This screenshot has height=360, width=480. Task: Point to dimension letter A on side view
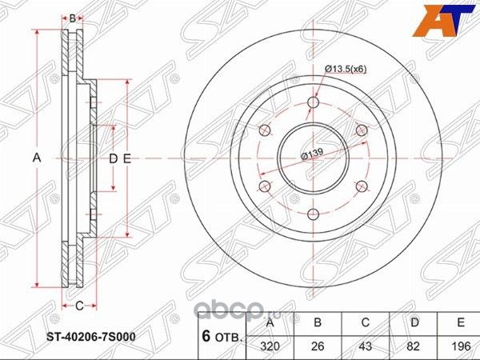point(36,158)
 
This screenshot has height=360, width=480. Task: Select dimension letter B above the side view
point(72,18)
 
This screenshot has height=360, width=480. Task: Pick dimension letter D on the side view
point(113,158)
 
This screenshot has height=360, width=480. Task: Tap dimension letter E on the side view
point(126,158)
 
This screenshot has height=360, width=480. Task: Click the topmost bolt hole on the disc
point(313,102)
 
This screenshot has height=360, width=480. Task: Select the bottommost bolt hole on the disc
point(313,213)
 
